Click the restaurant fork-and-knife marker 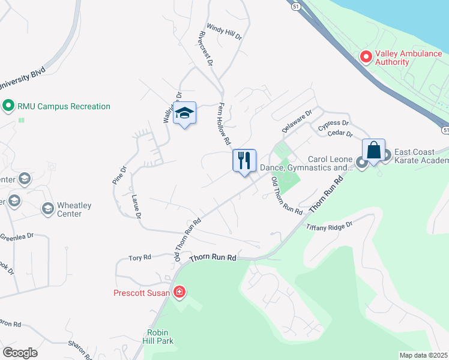[x=244, y=161]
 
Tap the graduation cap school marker [x=185, y=113]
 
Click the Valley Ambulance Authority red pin [x=366, y=57]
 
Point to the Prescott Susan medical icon [x=179, y=293]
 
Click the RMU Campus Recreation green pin [x=8, y=107]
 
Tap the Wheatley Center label [x=74, y=209]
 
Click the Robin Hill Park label [x=160, y=337]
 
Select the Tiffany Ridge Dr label [x=328, y=226]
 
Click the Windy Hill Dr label [x=224, y=32]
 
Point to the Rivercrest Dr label [x=202, y=48]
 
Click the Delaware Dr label [x=298, y=122]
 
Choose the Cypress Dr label [x=334, y=125]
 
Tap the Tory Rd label [x=139, y=258]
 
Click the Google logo [x=20, y=353]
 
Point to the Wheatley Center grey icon [x=47, y=209]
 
